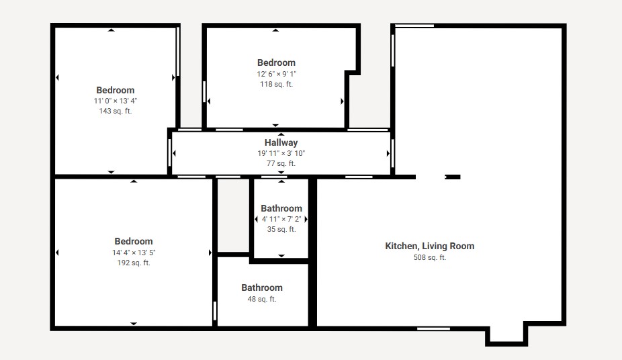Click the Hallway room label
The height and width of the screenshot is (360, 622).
[281, 143]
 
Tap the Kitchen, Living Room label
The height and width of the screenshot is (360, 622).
[430, 246]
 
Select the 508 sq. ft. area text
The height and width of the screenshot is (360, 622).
[430, 257]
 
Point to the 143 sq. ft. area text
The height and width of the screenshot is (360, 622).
[116, 111]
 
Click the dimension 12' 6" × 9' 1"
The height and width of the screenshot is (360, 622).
[277, 74]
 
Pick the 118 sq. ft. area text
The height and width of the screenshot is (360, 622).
[277, 84]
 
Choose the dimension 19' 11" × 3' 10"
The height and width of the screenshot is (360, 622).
[281, 153]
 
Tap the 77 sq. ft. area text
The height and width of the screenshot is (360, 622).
[281, 163]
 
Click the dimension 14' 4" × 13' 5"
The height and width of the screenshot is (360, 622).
[134, 253]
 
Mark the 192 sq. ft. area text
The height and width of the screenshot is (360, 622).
[134, 263]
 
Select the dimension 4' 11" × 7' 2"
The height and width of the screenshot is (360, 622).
[281, 219]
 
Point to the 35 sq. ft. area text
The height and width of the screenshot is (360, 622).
[281, 229]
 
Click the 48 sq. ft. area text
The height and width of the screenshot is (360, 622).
[262, 299]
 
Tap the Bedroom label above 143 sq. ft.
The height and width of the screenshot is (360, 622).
[116, 91]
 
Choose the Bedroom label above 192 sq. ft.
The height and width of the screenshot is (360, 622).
[134, 241]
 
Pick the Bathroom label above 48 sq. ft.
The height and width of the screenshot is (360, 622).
[262, 288]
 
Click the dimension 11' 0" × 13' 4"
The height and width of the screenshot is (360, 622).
[116, 101]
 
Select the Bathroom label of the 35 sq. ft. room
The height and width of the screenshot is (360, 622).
[281, 209]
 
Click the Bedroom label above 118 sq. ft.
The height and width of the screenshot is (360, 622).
[277, 62]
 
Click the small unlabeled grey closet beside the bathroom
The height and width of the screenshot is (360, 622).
[233, 216]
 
